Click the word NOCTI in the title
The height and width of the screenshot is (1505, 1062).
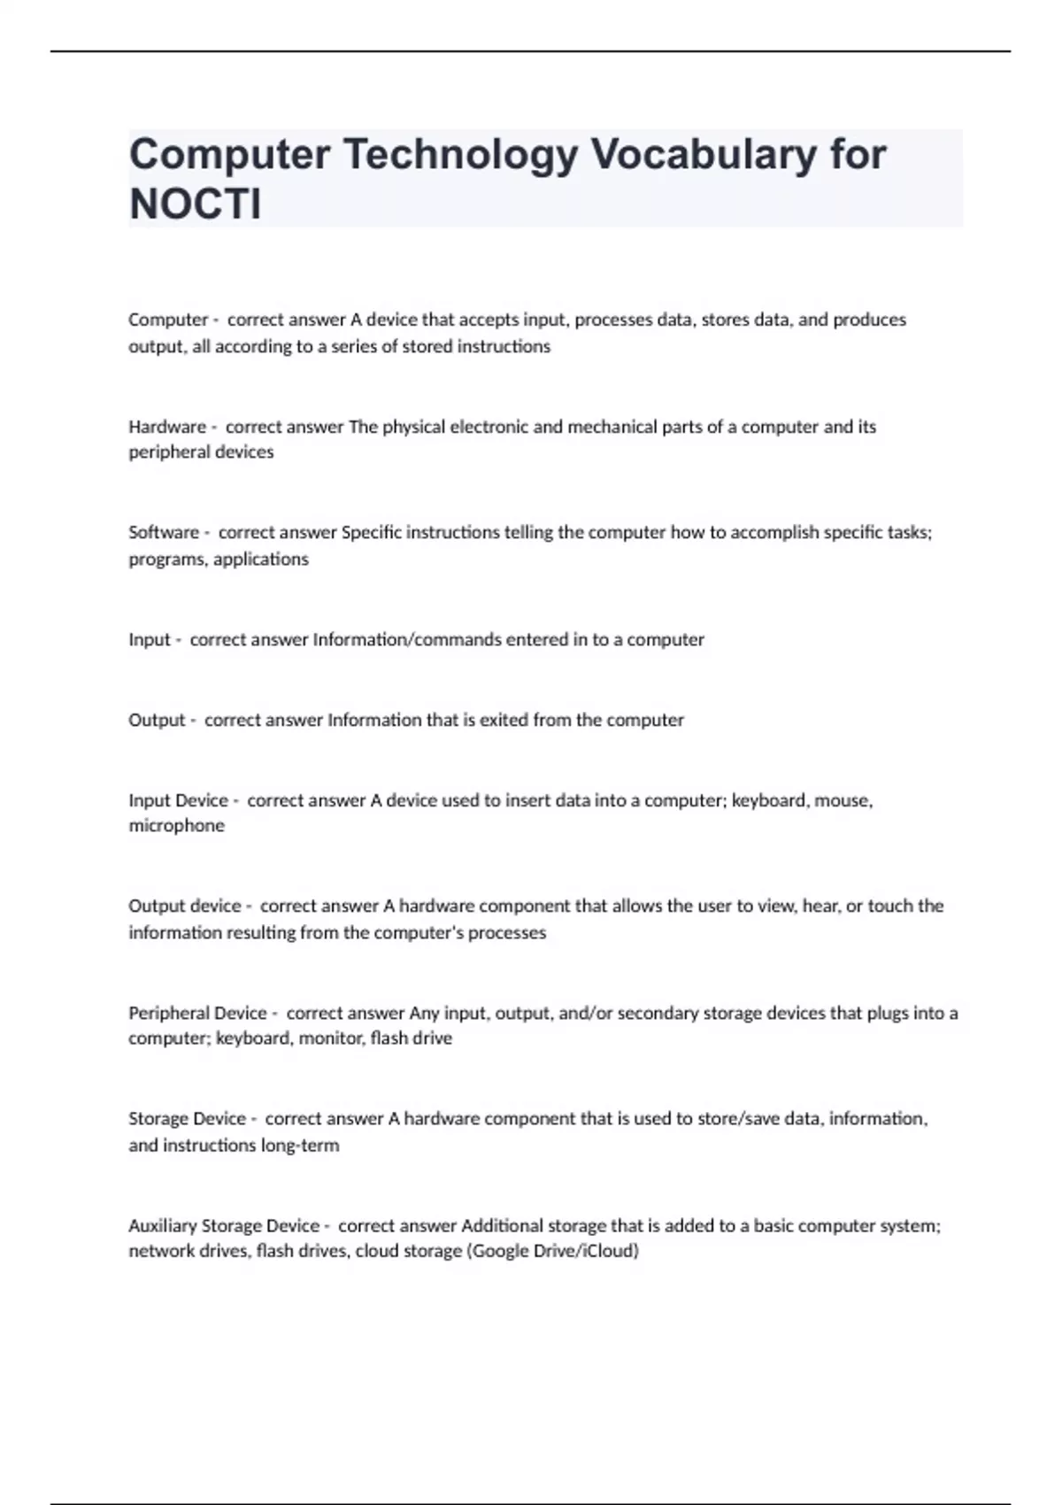coord(196,205)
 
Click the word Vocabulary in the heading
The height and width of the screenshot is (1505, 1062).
coord(704,154)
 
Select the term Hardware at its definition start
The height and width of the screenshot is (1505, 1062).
coord(166,427)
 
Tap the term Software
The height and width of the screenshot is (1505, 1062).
coord(164,532)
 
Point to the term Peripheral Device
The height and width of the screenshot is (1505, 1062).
coord(197,1013)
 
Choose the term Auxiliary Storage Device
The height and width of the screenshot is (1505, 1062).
coord(224,1225)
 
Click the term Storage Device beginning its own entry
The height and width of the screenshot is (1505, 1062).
coord(187,1118)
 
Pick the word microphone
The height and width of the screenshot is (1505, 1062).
coord(176,825)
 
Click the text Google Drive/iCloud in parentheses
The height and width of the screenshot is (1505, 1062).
coord(553,1251)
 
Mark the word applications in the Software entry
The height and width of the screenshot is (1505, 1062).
coord(260,559)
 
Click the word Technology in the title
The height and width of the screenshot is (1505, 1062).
coord(460,154)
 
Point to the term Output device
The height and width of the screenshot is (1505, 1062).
coord(184,906)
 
